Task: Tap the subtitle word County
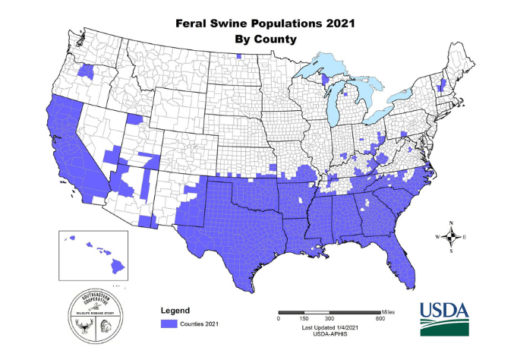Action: (276, 37)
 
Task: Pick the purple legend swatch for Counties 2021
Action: (168, 324)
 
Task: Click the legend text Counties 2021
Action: (200, 324)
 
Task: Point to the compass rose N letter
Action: (452, 223)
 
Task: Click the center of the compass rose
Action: (452, 237)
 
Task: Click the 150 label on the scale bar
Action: (304, 319)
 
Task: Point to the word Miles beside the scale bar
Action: (389, 312)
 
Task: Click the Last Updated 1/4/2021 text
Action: (329, 326)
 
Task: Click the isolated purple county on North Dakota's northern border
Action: (238, 56)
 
